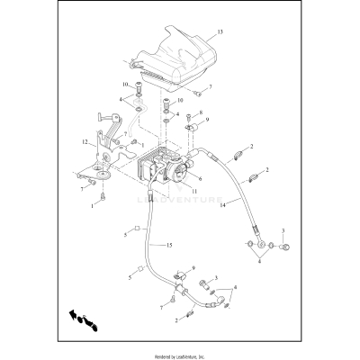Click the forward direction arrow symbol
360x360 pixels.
[79, 319]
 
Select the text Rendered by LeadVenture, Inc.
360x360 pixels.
[180, 354]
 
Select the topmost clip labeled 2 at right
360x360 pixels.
[240, 153]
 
